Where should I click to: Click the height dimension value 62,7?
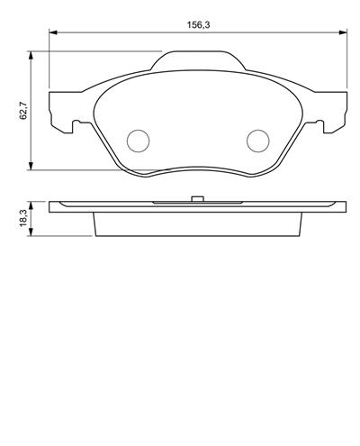click(x=23, y=110)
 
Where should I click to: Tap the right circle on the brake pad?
click(x=257, y=141)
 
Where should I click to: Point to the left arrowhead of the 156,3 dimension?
click(x=51, y=33)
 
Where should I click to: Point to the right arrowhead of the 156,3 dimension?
click(x=343, y=33)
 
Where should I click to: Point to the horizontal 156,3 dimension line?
click(x=126, y=33)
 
